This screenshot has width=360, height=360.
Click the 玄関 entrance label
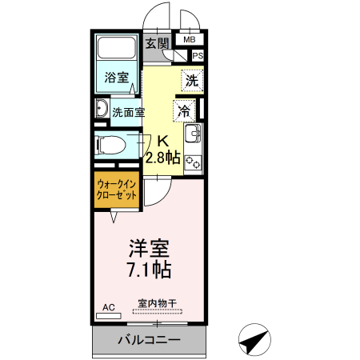[157, 43]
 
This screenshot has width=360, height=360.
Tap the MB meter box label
[190, 38]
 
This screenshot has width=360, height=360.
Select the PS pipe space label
[197, 55]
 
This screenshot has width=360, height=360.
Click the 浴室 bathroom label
[117, 78]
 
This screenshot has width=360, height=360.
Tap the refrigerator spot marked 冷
[185, 109]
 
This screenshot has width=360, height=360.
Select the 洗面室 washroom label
[128, 112]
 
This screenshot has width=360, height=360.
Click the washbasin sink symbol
[102, 110]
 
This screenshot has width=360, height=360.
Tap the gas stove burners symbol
[193, 162]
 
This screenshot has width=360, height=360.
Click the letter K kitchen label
[162, 138]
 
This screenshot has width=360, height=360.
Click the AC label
[109, 306]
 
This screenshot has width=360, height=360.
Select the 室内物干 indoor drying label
[156, 303]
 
